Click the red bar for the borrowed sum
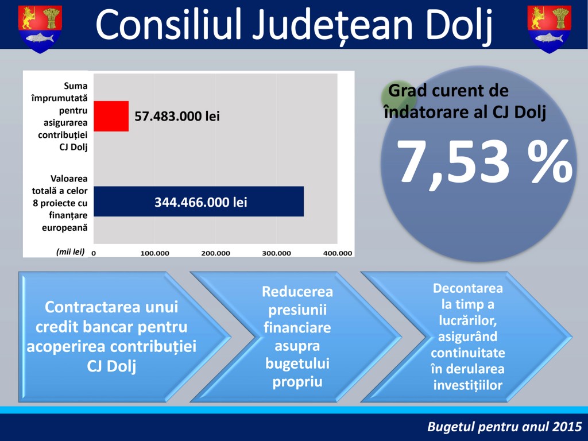(111, 116)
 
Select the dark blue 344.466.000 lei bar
(199, 202)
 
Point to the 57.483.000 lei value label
(177, 116)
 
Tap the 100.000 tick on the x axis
(154, 253)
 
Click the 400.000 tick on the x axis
(338, 253)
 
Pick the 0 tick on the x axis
(94, 253)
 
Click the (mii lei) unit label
(71, 252)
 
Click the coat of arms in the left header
(40, 29)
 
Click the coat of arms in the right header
(550, 29)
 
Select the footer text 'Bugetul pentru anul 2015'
(504, 427)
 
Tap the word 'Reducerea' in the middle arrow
(297, 291)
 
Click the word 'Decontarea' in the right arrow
(467, 288)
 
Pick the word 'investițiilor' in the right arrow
(467, 385)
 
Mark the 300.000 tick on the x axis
(276, 253)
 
